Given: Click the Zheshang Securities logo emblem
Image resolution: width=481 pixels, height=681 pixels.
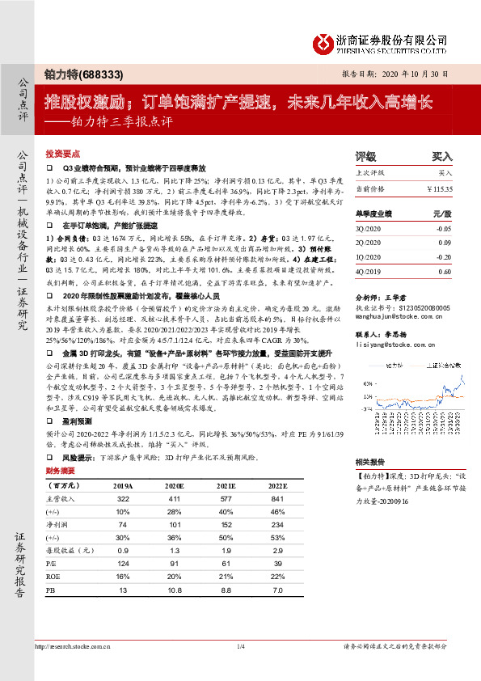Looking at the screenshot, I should coord(323,41).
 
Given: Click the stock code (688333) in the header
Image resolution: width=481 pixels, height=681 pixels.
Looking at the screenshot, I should coord(104,74).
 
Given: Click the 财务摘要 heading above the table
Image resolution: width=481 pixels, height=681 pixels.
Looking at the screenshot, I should coord(61,470).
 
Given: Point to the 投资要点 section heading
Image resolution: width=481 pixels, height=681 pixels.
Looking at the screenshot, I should coord(63,153).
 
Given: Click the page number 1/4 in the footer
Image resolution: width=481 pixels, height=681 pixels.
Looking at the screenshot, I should coord(240,645).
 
